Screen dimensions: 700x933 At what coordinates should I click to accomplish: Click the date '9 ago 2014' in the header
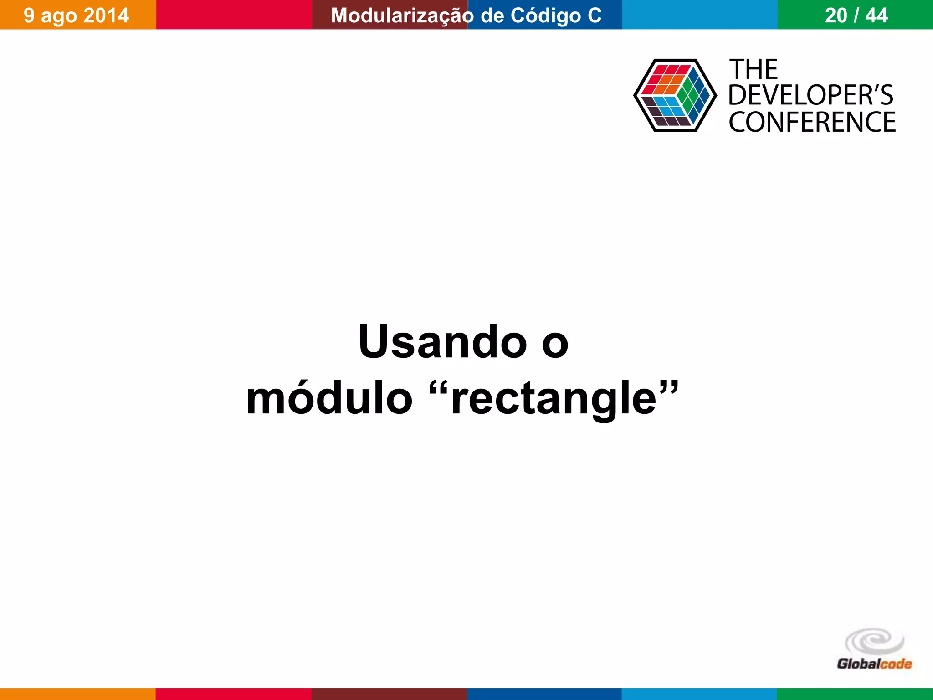tap(77, 15)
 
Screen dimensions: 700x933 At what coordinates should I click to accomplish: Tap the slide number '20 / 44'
tap(856, 15)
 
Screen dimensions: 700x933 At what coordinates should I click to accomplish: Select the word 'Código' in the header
tap(546, 15)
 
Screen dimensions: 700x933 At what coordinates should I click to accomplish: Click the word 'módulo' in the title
tap(329, 398)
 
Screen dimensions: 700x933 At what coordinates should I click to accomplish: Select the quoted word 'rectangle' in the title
tap(554, 398)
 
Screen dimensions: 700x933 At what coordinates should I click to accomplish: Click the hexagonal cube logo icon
tap(674, 95)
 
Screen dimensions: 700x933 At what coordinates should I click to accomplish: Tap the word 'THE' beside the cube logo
tap(754, 70)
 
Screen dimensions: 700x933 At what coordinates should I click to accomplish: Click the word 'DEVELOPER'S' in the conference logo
tap(811, 95)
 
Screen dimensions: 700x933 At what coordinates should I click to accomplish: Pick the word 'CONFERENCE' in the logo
tap(812, 122)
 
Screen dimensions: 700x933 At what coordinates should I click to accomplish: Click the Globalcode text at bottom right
tap(874, 664)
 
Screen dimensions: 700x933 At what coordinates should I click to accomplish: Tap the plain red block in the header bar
tap(234, 15)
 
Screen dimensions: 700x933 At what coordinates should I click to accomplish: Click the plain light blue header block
tap(700, 15)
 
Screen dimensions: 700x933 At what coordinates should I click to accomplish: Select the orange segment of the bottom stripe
tap(77, 694)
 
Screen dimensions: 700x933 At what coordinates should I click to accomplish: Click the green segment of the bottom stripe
tap(855, 694)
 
